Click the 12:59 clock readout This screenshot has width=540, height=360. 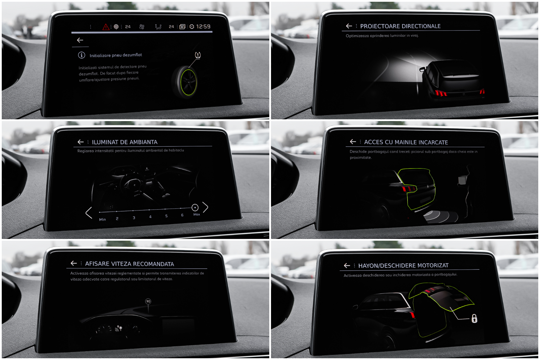(203, 26)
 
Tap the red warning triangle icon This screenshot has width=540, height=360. (106, 27)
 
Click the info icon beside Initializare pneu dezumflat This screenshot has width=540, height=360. (82, 55)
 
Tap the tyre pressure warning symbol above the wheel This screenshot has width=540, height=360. (198, 55)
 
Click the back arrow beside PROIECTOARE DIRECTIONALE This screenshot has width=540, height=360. (349, 26)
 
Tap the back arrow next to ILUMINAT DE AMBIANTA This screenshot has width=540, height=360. (81, 142)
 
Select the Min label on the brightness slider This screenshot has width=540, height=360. (102, 219)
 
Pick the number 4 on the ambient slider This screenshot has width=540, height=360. (150, 217)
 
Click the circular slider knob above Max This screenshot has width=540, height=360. (195, 208)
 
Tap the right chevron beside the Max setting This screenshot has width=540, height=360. (205, 207)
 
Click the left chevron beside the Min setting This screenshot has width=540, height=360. (89, 213)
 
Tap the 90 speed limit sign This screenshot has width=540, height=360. (148, 302)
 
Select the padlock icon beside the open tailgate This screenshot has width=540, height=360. (474, 319)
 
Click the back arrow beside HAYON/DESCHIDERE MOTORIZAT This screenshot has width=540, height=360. (347, 265)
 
